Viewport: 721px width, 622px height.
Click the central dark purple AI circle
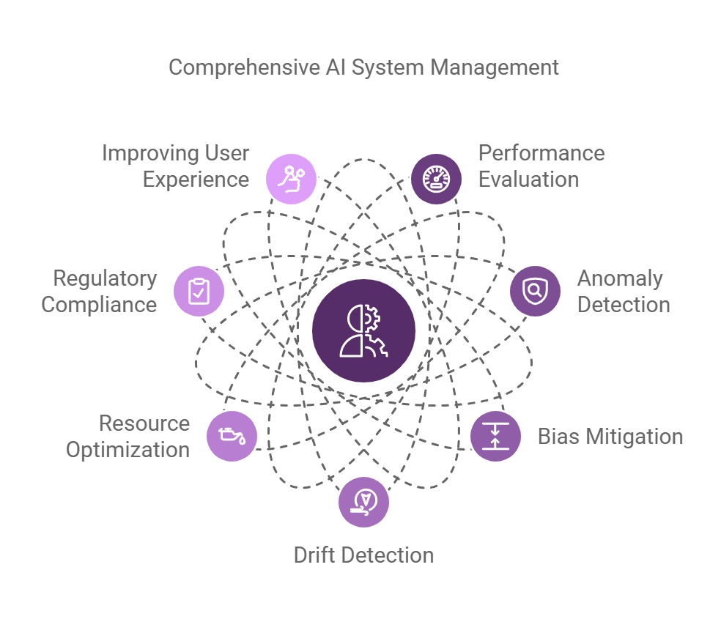click(363, 330)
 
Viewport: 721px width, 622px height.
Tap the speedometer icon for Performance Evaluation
click(436, 179)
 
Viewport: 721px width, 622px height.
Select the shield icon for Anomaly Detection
click(535, 291)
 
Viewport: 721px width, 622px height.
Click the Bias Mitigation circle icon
click(495, 437)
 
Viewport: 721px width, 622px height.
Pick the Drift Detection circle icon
click(363, 502)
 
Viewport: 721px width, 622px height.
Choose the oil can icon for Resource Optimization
click(232, 437)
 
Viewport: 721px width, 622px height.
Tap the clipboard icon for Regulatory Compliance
click(199, 291)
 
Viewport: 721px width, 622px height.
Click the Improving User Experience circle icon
click(292, 179)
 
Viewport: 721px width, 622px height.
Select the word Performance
click(541, 153)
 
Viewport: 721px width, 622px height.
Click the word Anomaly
click(620, 278)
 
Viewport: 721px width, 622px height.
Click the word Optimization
click(127, 449)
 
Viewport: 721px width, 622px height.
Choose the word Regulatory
click(105, 278)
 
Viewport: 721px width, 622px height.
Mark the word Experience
click(196, 179)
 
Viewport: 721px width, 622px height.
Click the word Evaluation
click(528, 179)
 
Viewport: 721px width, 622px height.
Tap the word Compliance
click(99, 305)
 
